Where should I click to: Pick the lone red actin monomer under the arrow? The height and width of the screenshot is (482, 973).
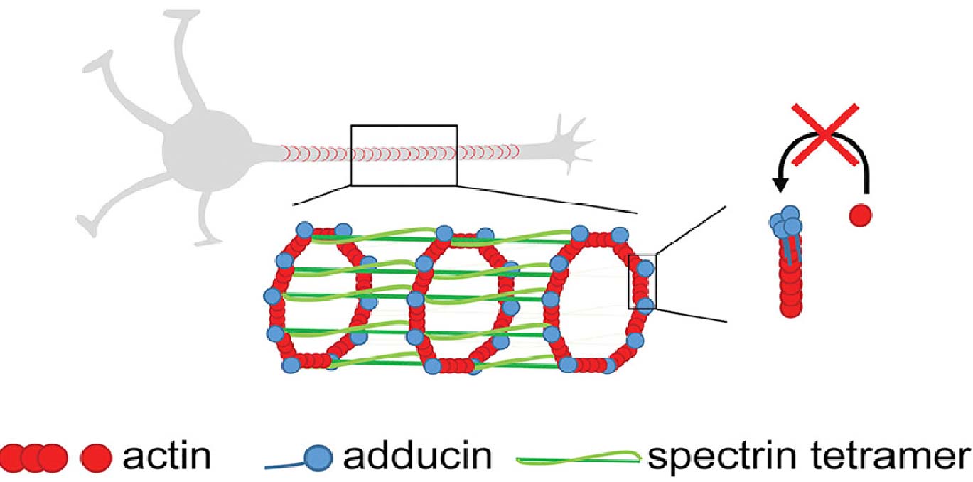pyautogui.click(x=860, y=214)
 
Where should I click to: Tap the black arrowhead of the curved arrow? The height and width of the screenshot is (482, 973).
pyautogui.click(x=780, y=184)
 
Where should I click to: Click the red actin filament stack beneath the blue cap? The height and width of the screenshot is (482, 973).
pyautogui.click(x=789, y=284)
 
